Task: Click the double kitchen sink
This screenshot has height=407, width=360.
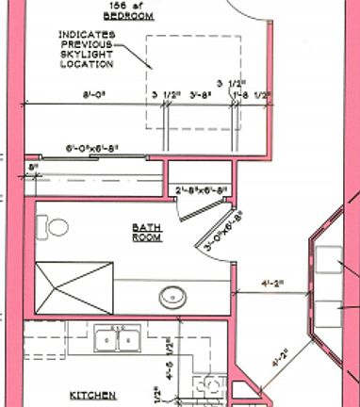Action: point(117,339)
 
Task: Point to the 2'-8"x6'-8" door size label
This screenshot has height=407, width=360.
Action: point(203,189)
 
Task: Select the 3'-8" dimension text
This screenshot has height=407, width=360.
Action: point(200,94)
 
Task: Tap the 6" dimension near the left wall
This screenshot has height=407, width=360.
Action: point(35,167)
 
